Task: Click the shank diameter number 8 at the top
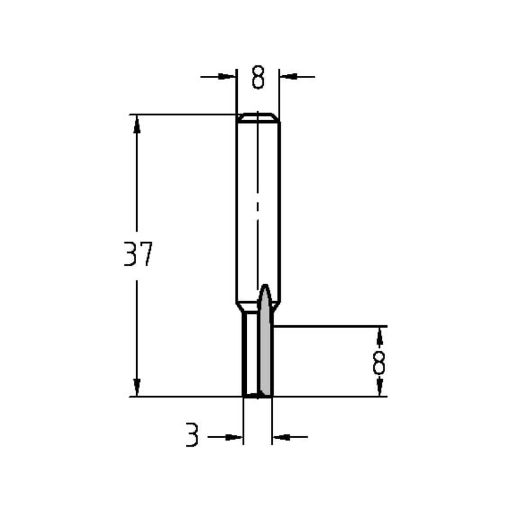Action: (x=258, y=78)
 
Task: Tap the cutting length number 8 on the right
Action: (x=379, y=363)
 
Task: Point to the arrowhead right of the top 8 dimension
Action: (x=289, y=77)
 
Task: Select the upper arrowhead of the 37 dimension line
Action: (x=137, y=123)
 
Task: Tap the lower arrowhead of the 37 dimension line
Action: (x=137, y=387)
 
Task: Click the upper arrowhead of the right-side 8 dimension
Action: (x=379, y=335)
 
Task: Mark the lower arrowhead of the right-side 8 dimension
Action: (x=379, y=388)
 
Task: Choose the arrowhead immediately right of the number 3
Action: (x=233, y=437)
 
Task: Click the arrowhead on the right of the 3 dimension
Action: (x=281, y=437)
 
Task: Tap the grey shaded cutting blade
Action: (x=265, y=358)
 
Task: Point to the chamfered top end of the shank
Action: (x=258, y=117)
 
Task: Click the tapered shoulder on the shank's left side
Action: (x=240, y=307)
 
